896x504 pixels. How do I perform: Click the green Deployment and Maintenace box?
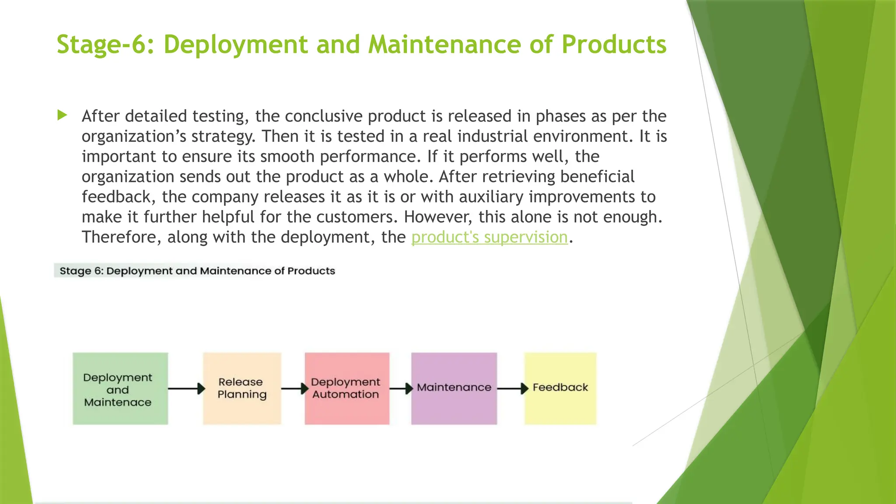(x=120, y=388)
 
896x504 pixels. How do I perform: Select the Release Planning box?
(x=241, y=388)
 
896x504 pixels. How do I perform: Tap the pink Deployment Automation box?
(x=346, y=388)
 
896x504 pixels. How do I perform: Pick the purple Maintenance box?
(x=454, y=388)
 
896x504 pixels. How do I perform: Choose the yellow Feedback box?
(x=560, y=388)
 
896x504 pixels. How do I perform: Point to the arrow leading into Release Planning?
(x=186, y=388)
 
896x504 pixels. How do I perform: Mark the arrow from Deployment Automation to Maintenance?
(x=401, y=388)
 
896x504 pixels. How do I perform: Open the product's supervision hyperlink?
(x=489, y=237)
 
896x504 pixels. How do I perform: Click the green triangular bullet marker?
(x=62, y=115)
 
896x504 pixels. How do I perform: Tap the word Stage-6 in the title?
(x=105, y=45)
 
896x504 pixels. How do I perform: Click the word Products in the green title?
(x=613, y=45)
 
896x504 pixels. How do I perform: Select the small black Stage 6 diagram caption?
(x=197, y=271)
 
